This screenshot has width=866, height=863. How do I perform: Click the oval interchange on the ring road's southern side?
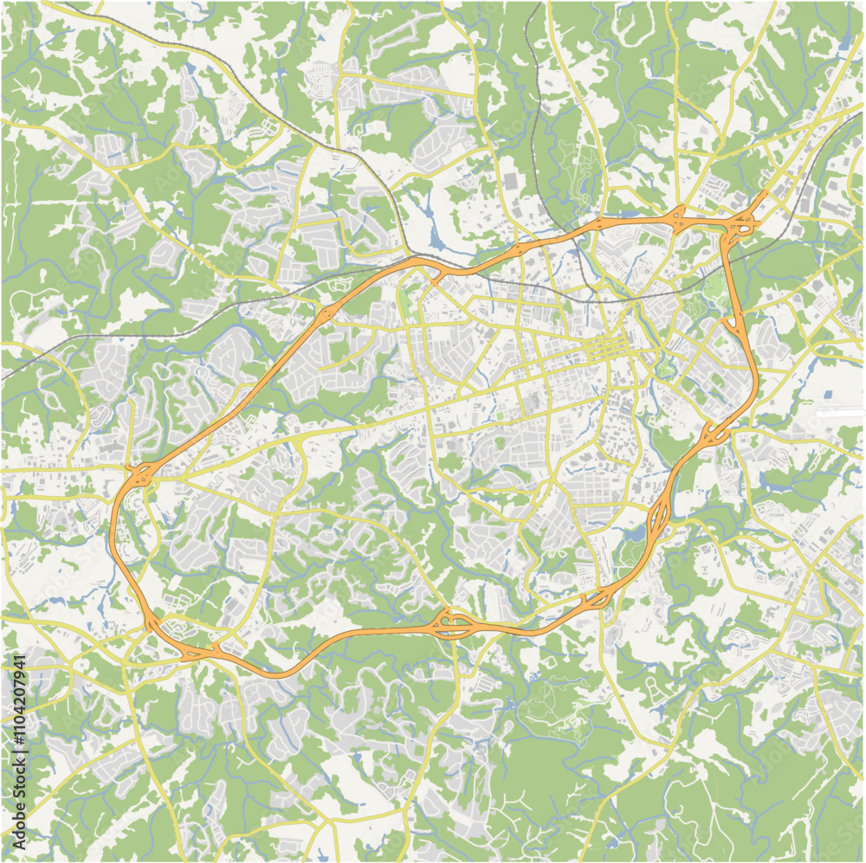tap(452, 624)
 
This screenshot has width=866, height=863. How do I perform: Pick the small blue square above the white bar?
tap(828, 394)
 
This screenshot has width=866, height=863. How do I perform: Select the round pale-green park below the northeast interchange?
tap(714, 286)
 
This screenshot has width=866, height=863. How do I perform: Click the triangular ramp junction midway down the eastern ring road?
tap(732, 324)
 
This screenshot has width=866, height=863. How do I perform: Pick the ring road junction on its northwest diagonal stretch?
tap(325, 314)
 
